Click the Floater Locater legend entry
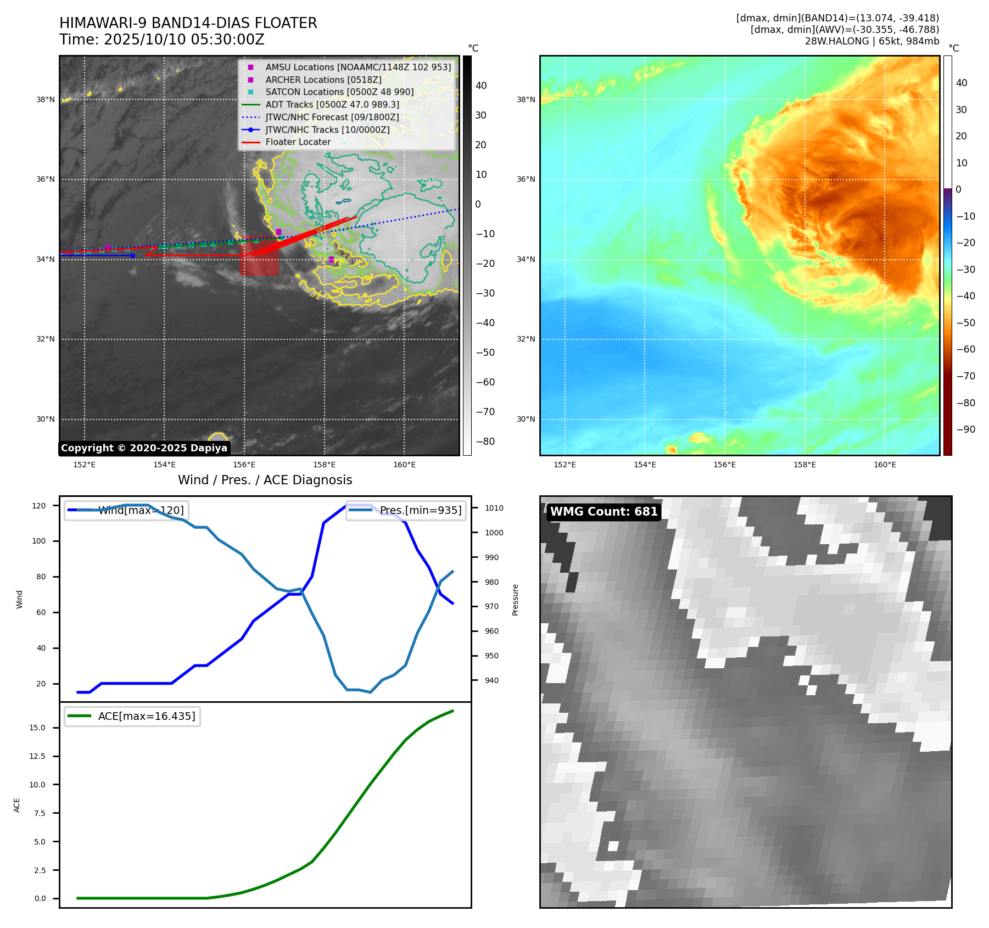pos(298,142)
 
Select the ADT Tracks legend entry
pos(332,104)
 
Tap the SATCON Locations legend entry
pos(339,92)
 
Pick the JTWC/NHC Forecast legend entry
pos(332,117)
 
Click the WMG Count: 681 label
pos(604,512)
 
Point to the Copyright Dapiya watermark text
pos(144,448)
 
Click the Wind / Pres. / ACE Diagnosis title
pos(265,480)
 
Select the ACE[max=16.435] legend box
pos(132,716)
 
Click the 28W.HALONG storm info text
pos(871,41)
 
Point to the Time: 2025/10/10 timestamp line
pos(162,40)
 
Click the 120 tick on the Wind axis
pos(39,506)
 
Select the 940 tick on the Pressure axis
pos(491,680)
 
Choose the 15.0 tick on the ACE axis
pos(37,728)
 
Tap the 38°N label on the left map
pos(46,100)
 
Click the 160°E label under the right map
pos(885,465)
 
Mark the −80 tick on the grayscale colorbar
pos(485,441)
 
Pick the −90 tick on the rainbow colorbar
pos(965,429)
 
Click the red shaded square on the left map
pos(259,256)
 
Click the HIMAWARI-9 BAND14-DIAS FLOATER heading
pos(188,23)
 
